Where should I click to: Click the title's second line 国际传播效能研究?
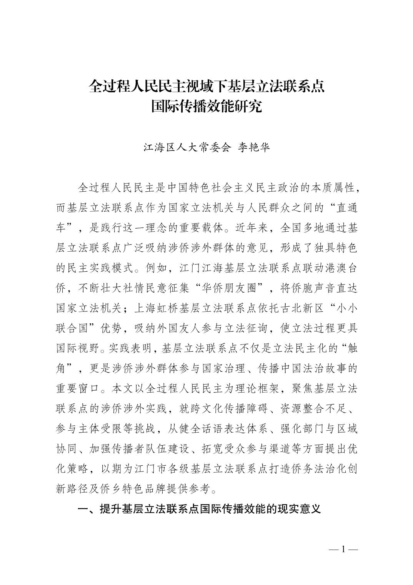point(206,106)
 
